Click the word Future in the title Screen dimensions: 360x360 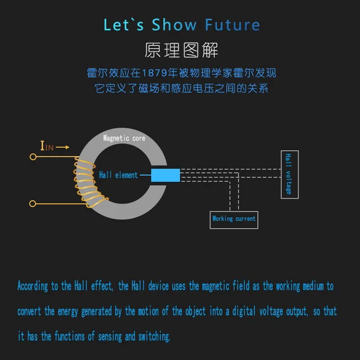point(232,25)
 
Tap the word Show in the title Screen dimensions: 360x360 point(175,25)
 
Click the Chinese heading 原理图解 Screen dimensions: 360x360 point(181,50)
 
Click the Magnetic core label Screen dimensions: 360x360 point(124,138)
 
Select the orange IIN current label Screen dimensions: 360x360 point(47,146)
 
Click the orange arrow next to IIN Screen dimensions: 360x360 point(63,147)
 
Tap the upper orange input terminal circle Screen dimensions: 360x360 point(32,157)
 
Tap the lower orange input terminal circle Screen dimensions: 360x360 point(32,204)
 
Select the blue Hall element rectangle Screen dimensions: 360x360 point(165,175)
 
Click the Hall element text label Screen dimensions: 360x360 point(118,175)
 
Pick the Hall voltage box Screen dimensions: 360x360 point(289,174)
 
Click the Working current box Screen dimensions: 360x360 point(234,219)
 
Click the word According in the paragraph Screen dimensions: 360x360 point(32,286)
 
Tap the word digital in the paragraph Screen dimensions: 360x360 point(243,311)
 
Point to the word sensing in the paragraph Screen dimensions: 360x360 point(111,336)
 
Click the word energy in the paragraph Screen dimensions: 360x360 point(68,311)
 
